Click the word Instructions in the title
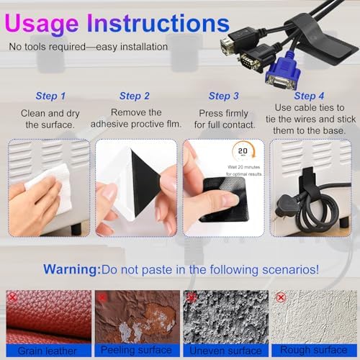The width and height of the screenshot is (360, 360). [x=158, y=23]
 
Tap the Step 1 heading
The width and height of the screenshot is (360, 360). [x=50, y=96]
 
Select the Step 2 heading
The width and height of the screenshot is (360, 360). [x=135, y=96]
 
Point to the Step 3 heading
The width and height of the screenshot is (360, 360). [x=224, y=96]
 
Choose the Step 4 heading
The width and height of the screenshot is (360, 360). [x=309, y=96]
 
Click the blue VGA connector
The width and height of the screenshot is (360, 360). [x=283, y=73]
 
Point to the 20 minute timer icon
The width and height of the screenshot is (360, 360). [x=243, y=151]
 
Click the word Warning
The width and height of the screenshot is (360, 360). [x=72, y=269]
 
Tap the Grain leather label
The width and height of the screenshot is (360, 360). [x=48, y=351]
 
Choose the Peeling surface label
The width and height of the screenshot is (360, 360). [x=136, y=350]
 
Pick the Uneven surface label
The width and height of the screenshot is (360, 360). [x=225, y=351]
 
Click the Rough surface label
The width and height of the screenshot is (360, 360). [x=314, y=350]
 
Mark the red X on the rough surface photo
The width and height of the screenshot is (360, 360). [x=281, y=297]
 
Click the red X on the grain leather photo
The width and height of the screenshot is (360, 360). [x=12, y=297]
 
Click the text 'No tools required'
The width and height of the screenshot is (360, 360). [x=48, y=47]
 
